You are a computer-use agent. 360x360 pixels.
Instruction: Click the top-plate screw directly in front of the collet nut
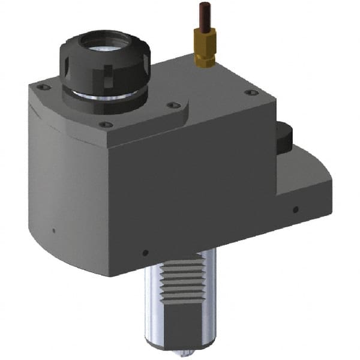point(106,124)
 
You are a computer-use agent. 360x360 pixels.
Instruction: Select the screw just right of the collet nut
point(174,106)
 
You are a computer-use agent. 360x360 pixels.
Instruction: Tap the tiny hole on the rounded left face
point(53,230)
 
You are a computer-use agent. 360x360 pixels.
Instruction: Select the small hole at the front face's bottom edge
point(145,252)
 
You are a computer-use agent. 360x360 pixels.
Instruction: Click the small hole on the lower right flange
point(295,209)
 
